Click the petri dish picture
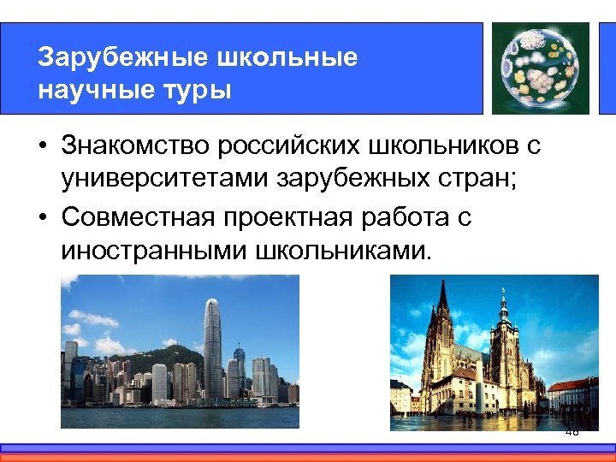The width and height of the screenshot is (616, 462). point(540,66)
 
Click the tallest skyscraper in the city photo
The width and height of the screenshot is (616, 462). point(212,346)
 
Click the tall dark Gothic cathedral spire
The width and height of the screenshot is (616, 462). point(443,325)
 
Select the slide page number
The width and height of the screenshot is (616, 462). point(572,433)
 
